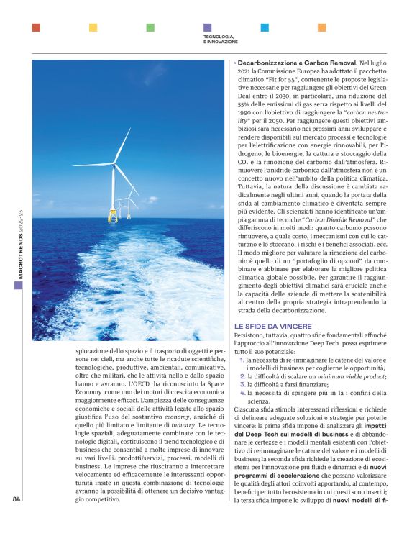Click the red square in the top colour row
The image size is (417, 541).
36,27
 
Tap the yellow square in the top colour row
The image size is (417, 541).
93,27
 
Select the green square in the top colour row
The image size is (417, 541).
150,27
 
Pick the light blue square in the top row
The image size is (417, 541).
265,27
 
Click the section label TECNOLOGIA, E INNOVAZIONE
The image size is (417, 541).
219,39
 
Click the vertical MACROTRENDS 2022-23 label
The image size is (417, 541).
21,245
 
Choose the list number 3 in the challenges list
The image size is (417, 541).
242,385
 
